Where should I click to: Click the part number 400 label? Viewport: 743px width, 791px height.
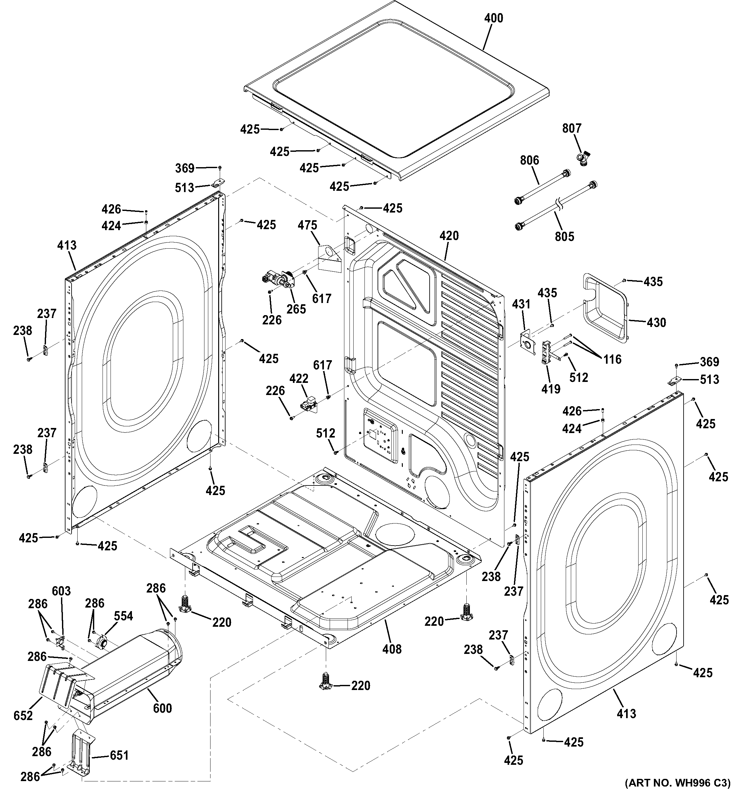tap(494, 18)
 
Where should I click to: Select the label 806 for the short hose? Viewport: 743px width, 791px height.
tap(529, 160)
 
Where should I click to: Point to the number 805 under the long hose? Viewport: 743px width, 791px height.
tap(564, 237)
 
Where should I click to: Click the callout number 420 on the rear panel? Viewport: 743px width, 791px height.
tap(449, 236)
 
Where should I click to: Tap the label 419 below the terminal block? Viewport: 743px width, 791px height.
tap(551, 389)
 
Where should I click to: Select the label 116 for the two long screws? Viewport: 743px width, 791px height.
tap(612, 360)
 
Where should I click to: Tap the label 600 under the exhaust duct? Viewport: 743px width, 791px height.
tap(162, 708)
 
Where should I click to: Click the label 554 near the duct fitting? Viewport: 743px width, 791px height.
tap(123, 616)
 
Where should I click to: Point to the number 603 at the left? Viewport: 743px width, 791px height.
tap(61, 591)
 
